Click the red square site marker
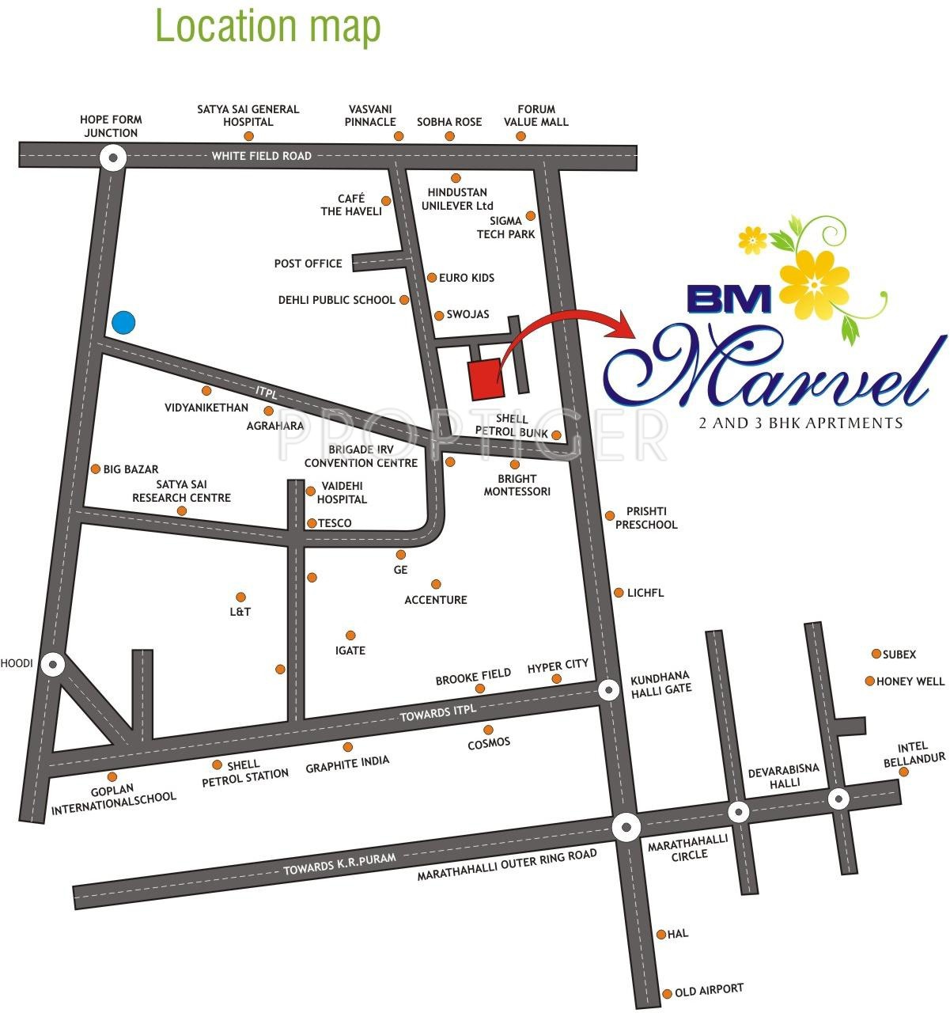click(485, 379)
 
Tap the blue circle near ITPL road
click(123, 323)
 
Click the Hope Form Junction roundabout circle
click(113, 158)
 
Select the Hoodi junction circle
click(53, 664)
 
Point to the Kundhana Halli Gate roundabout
click(608, 691)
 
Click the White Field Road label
click(261, 156)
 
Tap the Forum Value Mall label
click(536, 116)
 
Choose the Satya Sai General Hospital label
click(248, 116)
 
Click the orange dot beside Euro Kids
click(432, 278)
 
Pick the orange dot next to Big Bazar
click(96, 469)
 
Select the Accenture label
click(436, 600)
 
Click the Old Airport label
click(709, 989)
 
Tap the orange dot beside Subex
click(876, 654)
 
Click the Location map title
click(268, 25)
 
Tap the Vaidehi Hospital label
click(342, 493)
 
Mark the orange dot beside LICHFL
click(619, 593)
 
